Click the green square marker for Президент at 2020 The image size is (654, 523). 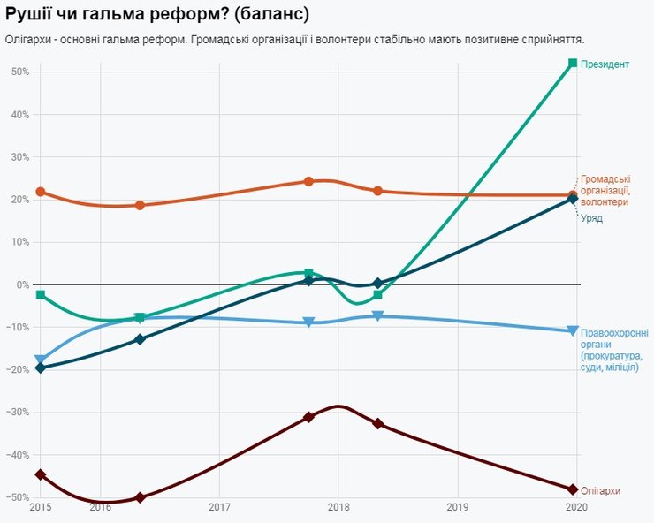(573, 63)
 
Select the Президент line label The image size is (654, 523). (605, 64)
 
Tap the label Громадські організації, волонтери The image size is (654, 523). (605, 190)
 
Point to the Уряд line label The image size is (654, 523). (591, 218)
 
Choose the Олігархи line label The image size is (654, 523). (600, 490)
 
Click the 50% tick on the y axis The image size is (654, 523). (19, 72)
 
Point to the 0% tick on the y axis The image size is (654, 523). (22, 284)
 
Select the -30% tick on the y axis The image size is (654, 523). (18, 413)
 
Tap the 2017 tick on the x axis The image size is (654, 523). (219, 507)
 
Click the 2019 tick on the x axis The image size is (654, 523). (458, 507)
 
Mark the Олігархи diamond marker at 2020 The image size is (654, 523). (573, 489)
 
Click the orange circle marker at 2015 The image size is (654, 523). (41, 192)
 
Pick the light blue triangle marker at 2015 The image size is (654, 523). (41, 360)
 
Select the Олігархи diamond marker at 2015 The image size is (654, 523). (41, 474)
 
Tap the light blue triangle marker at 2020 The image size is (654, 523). (573, 331)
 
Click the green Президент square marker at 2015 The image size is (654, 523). (41, 294)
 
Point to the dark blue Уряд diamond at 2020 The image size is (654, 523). (573, 199)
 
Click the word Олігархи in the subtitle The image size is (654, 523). (27, 40)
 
